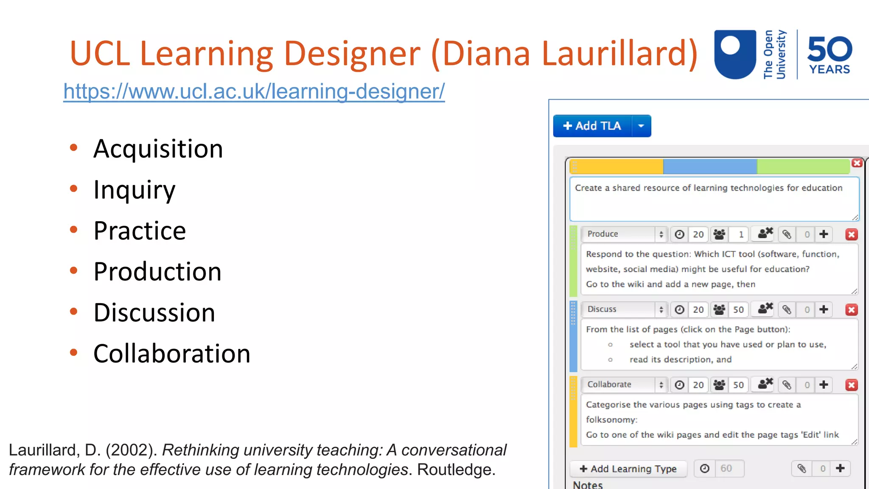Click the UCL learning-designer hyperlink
(x=254, y=91)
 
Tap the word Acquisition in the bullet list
(x=158, y=149)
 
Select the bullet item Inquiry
(x=134, y=190)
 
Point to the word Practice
(x=140, y=231)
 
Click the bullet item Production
(x=157, y=272)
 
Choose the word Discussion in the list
(x=154, y=313)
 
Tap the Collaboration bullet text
(x=172, y=354)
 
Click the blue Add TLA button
(x=592, y=126)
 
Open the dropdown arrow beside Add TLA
(x=641, y=126)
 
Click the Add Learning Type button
(x=628, y=469)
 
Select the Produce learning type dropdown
(x=624, y=234)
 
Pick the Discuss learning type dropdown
(x=624, y=309)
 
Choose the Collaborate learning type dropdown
(x=624, y=385)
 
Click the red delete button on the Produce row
(x=851, y=234)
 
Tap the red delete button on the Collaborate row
(x=851, y=385)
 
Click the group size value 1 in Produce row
(x=741, y=234)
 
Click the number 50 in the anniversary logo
(x=830, y=49)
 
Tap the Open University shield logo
(x=735, y=54)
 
